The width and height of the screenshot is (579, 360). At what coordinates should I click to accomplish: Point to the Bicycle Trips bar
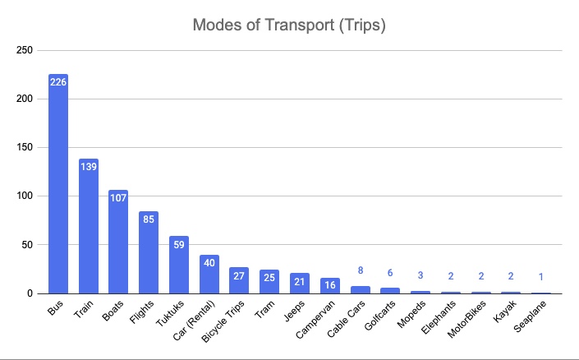tap(239, 280)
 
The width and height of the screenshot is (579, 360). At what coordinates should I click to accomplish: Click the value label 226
tap(58, 83)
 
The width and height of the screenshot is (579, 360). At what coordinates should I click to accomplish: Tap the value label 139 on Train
tap(89, 168)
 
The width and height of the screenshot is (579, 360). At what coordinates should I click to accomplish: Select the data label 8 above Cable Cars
tap(361, 270)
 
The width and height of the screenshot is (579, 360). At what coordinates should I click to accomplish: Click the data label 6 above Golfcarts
tap(391, 272)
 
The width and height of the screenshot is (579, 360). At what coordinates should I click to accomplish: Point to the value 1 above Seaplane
tap(542, 277)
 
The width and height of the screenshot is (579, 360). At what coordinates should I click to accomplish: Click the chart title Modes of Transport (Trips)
tap(289, 25)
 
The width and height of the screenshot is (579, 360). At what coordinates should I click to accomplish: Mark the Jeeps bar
tap(300, 283)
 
